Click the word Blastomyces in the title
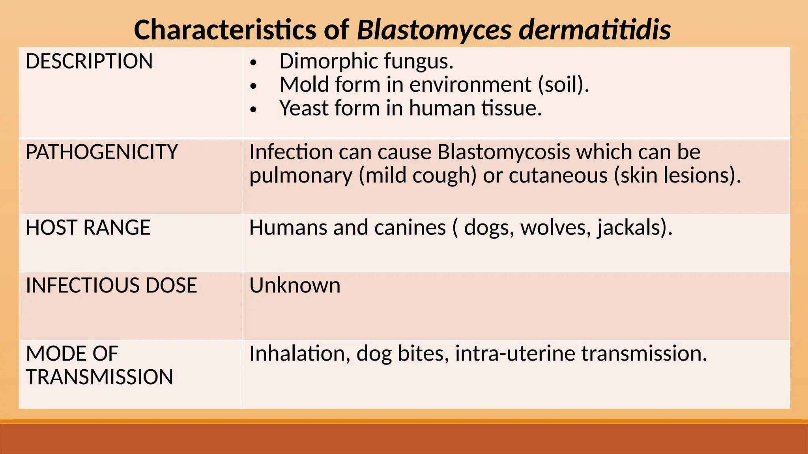pyautogui.click(x=434, y=30)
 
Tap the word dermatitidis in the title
pyautogui.click(x=595, y=30)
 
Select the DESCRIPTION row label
pyautogui.click(x=89, y=61)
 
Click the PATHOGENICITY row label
pyautogui.click(x=102, y=152)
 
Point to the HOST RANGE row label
pyautogui.click(x=88, y=228)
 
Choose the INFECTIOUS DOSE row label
pyautogui.click(x=111, y=285)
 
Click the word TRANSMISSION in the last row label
pyautogui.click(x=99, y=377)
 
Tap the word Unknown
pyautogui.click(x=295, y=285)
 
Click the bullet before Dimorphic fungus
pyautogui.click(x=253, y=63)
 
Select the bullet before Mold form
pyautogui.click(x=253, y=86)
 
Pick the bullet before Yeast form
pyautogui.click(x=253, y=110)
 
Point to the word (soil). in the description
pyautogui.click(x=563, y=85)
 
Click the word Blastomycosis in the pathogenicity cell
pyautogui.click(x=503, y=152)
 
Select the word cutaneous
pyautogui.click(x=558, y=175)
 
